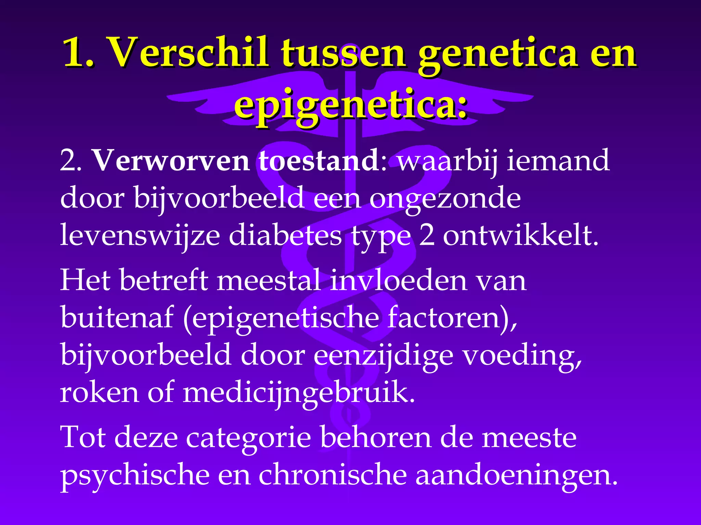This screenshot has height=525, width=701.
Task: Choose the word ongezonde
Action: (x=445, y=198)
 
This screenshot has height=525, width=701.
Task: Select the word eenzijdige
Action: (x=383, y=355)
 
